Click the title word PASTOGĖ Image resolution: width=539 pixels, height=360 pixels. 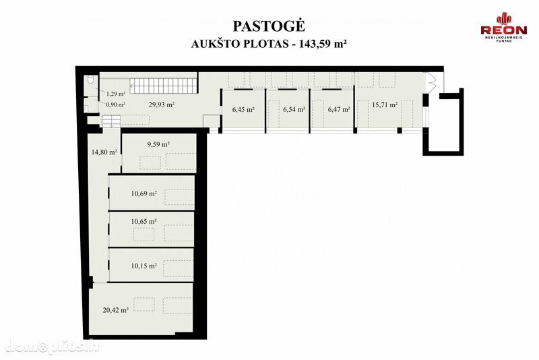269,26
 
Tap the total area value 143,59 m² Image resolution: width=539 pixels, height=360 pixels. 323,44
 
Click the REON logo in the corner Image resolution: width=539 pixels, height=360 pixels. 503,28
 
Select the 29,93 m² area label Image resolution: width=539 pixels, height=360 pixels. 161,104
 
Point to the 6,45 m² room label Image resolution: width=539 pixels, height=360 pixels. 243,110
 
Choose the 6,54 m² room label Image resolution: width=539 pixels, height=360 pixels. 294,110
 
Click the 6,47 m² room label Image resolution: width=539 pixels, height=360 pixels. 339,110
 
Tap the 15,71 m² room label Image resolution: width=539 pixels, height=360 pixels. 385,104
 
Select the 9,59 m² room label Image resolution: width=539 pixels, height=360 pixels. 158,144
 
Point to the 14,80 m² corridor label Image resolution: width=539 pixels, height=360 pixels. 104,152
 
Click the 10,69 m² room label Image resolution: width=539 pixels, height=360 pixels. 144,193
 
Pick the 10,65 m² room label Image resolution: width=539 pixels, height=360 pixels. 144,221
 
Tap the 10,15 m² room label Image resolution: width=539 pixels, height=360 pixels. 144,266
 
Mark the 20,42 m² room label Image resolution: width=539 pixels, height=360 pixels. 115,310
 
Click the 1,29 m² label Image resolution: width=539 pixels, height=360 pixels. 115,94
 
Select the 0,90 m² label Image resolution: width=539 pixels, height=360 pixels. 115,105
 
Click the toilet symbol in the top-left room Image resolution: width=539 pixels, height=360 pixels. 91,80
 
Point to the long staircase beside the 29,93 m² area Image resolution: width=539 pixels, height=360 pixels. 162,85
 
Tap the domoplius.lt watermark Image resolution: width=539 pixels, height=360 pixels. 53,346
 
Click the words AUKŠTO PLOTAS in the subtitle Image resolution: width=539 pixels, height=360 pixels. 240,44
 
